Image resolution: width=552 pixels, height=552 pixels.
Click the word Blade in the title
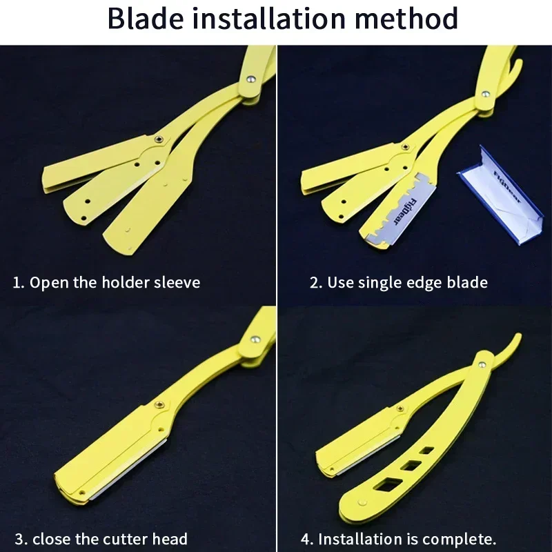pos(144,19)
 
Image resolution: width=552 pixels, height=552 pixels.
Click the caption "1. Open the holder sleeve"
pos(107,282)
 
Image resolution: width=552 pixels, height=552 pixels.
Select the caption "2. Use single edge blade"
pos(398,282)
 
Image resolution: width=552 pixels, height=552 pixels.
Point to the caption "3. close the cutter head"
pos(101,538)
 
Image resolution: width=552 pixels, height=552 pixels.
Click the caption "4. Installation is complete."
pos(398,538)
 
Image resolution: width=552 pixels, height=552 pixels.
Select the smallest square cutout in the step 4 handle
pos(428,450)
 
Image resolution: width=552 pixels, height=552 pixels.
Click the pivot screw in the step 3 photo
pos(255,338)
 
